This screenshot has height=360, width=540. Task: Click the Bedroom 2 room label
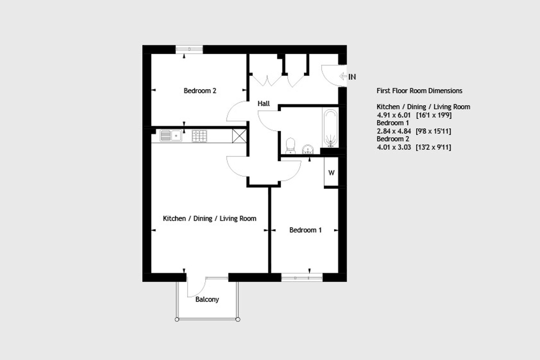pos(200,91)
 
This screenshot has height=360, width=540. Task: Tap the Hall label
pos(264,103)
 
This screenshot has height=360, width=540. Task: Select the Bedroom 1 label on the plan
pos(305,230)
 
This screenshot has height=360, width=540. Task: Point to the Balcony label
pos(207,300)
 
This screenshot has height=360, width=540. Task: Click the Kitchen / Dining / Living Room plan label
pos(209,218)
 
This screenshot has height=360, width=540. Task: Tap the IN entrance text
pos(352,77)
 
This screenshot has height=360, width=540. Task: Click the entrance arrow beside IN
pos(343,76)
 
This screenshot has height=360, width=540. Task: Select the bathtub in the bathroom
pos(330,128)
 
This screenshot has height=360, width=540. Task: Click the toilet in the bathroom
pos(291,146)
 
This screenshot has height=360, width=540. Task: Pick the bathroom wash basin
pos(308,149)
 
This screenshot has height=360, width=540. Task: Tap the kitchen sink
pos(171,136)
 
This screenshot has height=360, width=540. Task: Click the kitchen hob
pos(199,136)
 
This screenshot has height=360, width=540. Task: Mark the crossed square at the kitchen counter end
pos(239,136)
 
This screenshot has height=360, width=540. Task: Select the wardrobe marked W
pos(331,172)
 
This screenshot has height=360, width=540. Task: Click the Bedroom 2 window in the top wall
pos(189,49)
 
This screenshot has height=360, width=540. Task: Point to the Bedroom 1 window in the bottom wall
pos(302,277)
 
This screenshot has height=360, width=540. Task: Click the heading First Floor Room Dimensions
pos(419,91)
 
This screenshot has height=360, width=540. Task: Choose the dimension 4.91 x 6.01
pos(393,115)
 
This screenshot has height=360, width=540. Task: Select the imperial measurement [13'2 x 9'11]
pos(433,147)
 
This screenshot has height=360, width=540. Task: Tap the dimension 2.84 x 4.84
pos(394,131)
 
